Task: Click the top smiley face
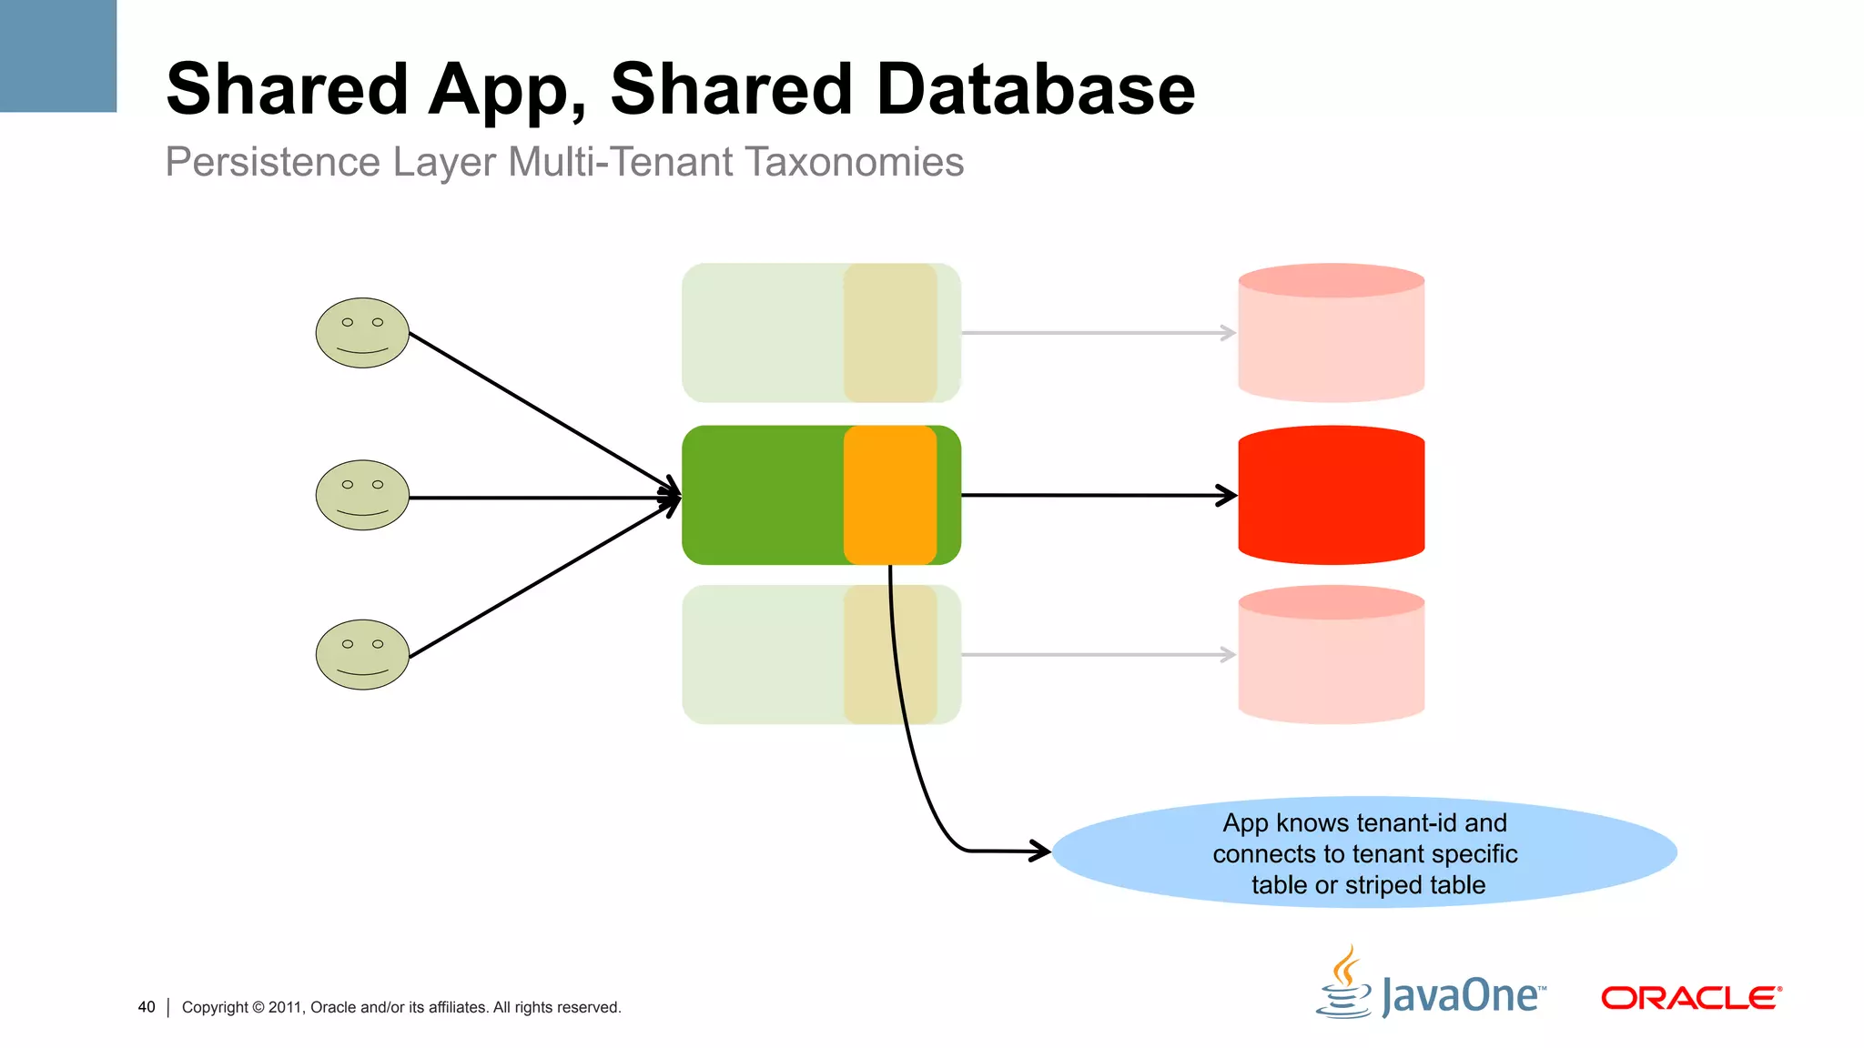pos(362,333)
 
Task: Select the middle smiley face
pos(362,495)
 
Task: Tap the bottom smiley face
pos(362,655)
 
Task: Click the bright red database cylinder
pos(1331,496)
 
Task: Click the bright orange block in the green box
pos(890,495)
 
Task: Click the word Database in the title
pos(1035,89)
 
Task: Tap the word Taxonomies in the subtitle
pos(854,163)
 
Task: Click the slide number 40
pos(147,1007)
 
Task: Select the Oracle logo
pos(1690,998)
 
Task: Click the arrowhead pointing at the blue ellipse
pos(1041,851)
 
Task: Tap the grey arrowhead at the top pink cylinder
pos(1229,333)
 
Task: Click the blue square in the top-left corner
pos(58,55)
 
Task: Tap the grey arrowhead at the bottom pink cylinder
pos(1229,655)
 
